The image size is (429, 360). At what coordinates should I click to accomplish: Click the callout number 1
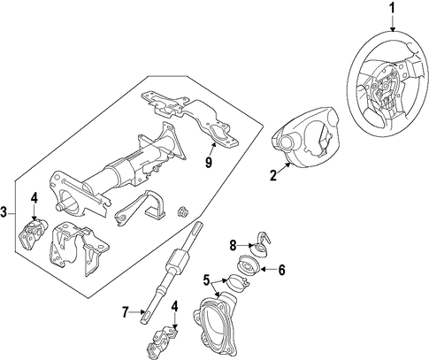click(393, 9)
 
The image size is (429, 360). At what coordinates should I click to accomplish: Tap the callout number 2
click(273, 176)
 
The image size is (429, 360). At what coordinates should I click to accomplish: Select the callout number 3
click(4, 212)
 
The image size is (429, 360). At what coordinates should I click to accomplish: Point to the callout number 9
click(209, 162)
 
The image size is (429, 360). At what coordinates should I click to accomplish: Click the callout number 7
click(126, 312)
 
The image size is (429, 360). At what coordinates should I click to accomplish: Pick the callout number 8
click(234, 245)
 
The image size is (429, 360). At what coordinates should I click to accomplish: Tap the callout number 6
click(282, 270)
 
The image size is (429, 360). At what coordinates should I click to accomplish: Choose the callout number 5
click(206, 280)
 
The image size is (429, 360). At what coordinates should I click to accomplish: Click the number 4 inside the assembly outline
click(34, 198)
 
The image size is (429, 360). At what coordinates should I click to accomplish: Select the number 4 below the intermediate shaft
click(175, 307)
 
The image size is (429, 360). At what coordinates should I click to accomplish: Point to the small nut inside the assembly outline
click(182, 212)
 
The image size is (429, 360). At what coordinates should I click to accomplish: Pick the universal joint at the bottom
click(162, 341)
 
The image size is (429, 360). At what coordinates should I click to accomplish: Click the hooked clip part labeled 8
click(260, 243)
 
